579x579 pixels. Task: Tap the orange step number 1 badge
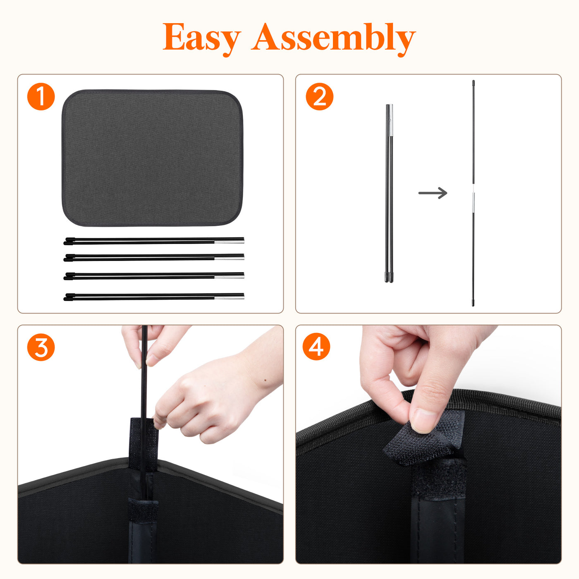(41, 96)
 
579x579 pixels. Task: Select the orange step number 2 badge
(319, 96)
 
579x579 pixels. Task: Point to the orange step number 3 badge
(41, 347)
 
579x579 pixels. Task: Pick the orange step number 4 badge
(316, 346)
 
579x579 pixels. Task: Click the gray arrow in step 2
(433, 193)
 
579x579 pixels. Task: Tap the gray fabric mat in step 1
(152, 158)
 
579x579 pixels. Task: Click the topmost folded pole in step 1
(154, 241)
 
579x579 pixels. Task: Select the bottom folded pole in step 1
(154, 297)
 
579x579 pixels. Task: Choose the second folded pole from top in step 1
(154, 258)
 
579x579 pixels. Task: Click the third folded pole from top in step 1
(154, 276)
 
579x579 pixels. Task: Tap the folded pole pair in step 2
(389, 193)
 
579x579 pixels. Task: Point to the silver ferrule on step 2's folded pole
(390, 120)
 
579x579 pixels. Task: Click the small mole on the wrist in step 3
(266, 380)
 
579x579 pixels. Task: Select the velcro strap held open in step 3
(144, 443)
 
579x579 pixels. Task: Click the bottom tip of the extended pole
(473, 306)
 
